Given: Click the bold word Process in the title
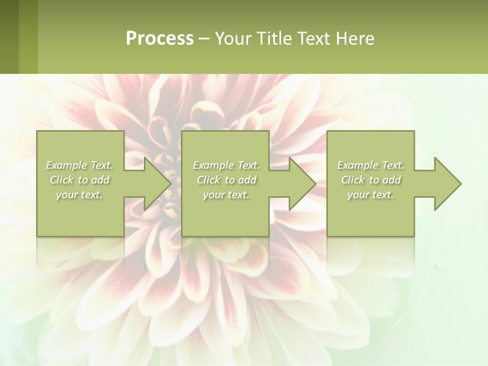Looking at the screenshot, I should tap(160, 39).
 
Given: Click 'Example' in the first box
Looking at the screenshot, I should tap(67, 165).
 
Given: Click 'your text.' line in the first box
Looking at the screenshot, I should tap(79, 195).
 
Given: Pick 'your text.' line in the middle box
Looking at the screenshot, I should tap(226, 195).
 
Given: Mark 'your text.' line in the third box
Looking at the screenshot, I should tap(371, 195).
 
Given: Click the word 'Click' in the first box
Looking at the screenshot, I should tap(62, 180).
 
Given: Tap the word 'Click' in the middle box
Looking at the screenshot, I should tap(208, 180).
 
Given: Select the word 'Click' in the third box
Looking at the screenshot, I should tap(353, 180).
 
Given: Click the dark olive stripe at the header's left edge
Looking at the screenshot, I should tap(9, 37).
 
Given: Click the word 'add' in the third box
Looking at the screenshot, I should tap(391, 180).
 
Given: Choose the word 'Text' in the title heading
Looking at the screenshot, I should tap(311, 39).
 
